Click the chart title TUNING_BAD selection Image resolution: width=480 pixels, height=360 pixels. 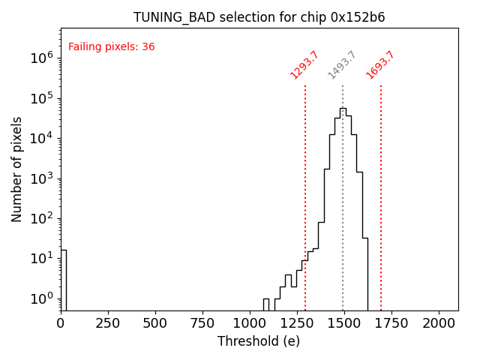(259, 17)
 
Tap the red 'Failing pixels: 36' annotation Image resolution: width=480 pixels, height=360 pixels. (111, 46)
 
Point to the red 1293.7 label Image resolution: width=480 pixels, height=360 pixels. (304, 64)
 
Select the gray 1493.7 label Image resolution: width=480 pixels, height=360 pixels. (342, 65)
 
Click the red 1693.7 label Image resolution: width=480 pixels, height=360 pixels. (380, 64)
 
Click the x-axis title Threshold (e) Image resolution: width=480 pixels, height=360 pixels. (259, 341)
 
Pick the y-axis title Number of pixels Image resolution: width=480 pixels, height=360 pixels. (17, 169)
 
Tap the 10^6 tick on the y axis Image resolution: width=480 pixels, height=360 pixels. (43, 58)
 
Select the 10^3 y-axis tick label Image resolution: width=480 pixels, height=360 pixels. (43, 178)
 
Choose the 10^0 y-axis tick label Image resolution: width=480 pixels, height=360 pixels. (43, 298)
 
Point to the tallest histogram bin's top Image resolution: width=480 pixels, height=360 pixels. (343, 108)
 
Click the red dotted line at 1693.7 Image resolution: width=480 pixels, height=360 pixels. (381, 195)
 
